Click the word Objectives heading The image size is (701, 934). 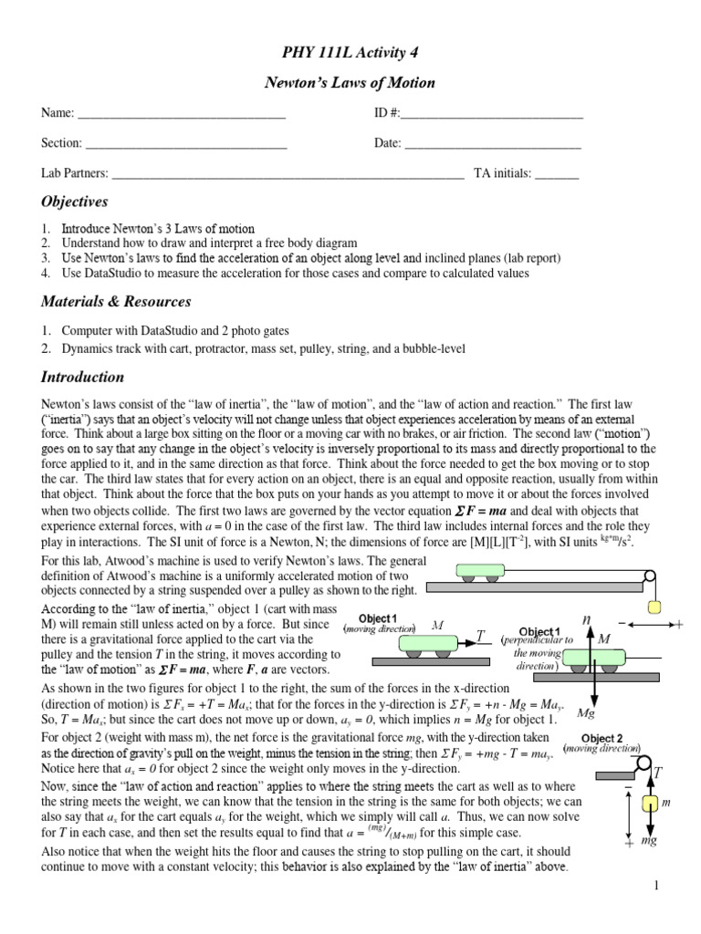(75, 201)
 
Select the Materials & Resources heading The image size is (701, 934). (116, 301)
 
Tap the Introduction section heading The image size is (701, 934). (82, 377)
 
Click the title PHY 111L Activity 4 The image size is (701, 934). (350, 52)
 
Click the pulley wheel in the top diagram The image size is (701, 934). (649, 576)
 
